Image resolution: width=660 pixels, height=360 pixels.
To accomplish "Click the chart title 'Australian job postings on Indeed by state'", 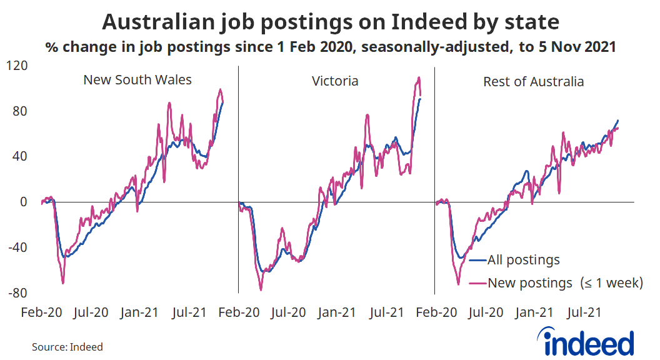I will tap(330, 22).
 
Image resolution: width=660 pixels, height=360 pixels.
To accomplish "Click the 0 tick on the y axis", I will tap(24, 202).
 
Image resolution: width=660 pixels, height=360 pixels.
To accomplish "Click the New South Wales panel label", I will tap(137, 80).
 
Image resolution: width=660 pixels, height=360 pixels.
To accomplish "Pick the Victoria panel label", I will tap(336, 81).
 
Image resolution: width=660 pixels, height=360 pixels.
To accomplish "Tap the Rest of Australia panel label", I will tap(533, 81).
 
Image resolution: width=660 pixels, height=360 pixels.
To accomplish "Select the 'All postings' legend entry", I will tap(523, 260).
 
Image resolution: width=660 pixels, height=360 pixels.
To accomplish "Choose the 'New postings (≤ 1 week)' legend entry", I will tap(565, 282).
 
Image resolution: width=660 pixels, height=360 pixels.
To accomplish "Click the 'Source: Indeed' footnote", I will tap(67, 347).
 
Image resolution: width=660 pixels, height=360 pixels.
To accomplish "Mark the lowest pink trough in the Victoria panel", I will tap(261, 290).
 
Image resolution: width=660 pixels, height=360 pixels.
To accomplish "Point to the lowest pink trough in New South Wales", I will tap(62, 283).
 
